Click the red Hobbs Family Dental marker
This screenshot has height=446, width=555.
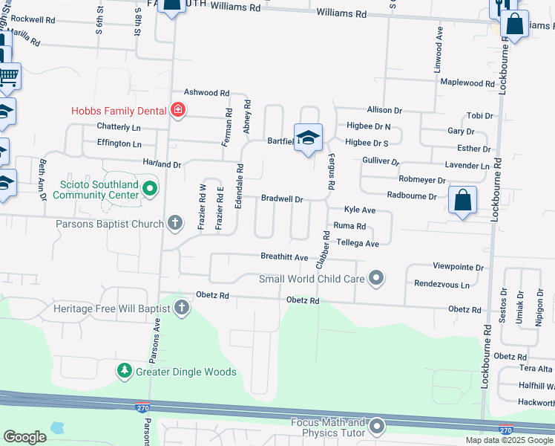click(x=177, y=111)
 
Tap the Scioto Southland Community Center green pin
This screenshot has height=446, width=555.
click(x=150, y=188)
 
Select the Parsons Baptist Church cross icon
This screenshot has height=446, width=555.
click(x=175, y=222)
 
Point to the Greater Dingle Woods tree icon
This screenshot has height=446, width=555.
click(x=125, y=370)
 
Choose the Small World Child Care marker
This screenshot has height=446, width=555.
click(x=376, y=278)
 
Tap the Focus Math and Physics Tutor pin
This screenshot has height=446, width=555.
click(x=378, y=426)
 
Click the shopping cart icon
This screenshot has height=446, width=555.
click(x=7, y=76)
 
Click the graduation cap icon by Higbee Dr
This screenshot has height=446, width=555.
click(x=308, y=138)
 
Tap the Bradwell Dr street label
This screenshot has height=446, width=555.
click(x=282, y=199)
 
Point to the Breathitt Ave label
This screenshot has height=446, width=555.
click(x=283, y=257)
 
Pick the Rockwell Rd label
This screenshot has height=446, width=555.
click(x=35, y=20)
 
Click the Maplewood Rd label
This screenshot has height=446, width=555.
click(x=467, y=83)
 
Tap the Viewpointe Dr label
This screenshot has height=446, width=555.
click(x=458, y=267)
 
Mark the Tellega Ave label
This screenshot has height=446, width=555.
click(x=358, y=243)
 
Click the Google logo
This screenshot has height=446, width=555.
click(x=24, y=436)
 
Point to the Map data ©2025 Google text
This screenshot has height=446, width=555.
click(x=508, y=440)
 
